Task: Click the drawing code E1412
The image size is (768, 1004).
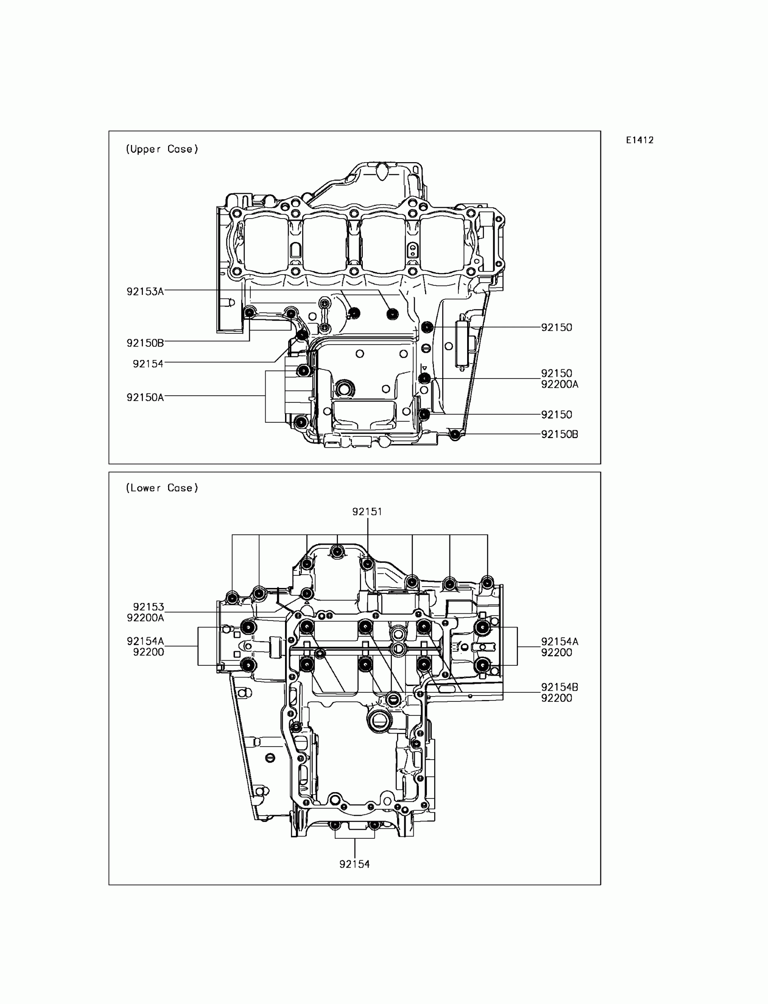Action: pos(640,140)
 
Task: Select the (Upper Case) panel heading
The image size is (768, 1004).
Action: pos(162,149)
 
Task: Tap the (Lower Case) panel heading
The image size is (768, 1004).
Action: pos(162,488)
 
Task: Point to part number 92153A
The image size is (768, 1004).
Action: pos(145,292)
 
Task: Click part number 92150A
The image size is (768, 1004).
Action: pos(145,397)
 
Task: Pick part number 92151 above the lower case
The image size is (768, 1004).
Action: pos(367,512)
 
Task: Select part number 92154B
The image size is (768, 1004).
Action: pos(560,687)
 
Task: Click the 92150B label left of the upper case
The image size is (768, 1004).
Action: pos(145,343)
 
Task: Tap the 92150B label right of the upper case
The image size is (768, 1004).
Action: pos(560,434)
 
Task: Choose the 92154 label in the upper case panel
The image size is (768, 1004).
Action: pos(148,364)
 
